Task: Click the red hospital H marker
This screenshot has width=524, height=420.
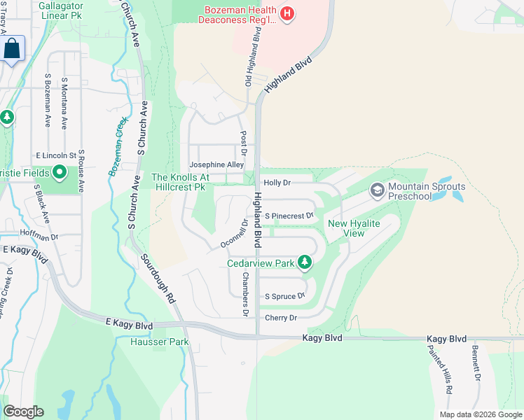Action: click(286, 13)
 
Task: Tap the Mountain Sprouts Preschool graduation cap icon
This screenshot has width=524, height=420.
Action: click(377, 190)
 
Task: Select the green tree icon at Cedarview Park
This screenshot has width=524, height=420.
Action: click(304, 262)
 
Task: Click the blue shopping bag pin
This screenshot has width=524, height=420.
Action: click(12, 49)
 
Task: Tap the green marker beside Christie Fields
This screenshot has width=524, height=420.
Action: click(60, 171)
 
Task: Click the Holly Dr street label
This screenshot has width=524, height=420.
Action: click(277, 182)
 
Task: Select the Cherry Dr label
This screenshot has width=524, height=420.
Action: click(281, 318)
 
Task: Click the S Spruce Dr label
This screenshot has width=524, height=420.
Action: click(284, 297)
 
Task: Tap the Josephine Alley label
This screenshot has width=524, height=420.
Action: click(216, 165)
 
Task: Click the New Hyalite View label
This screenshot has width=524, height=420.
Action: click(354, 228)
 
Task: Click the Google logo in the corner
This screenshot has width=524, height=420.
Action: click(23, 412)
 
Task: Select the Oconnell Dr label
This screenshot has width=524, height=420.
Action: click(235, 233)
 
